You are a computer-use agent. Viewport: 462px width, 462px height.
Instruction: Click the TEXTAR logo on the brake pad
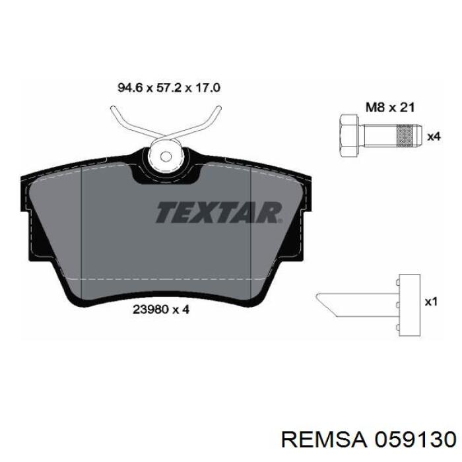tap(219, 212)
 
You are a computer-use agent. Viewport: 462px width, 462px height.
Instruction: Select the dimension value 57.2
tap(168, 88)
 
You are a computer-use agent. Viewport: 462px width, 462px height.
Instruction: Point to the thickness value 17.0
tap(207, 88)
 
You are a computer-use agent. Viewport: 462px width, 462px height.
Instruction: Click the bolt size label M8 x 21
tap(390, 107)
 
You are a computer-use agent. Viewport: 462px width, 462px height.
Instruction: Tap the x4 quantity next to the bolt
tap(434, 137)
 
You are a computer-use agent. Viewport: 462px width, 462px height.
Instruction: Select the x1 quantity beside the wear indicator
tap(431, 302)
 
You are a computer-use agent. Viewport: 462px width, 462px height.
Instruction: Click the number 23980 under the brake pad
tap(150, 310)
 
